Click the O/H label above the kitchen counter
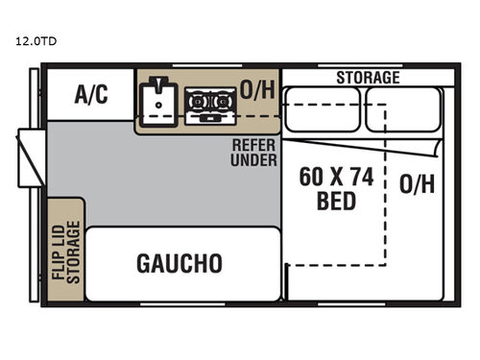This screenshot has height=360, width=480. [x=256, y=91]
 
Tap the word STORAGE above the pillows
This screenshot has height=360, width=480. [x=368, y=77]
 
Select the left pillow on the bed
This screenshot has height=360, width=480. [x=323, y=109]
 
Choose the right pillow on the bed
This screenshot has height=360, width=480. [x=402, y=109]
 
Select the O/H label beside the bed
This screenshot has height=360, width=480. [x=417, y=183]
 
